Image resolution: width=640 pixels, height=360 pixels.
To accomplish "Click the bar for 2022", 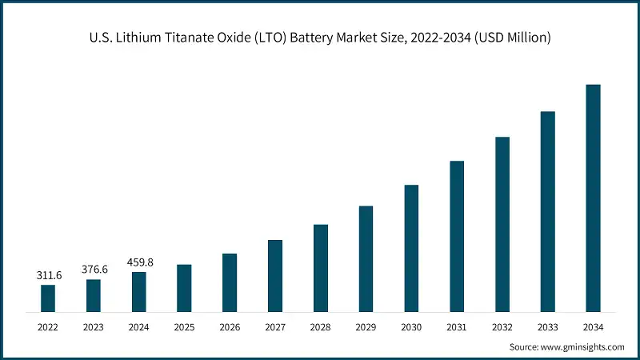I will coord(48,298).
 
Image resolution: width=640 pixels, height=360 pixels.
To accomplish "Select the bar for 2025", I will coord(184,287).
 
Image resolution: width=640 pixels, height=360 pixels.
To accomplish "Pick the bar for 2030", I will coord(411,248).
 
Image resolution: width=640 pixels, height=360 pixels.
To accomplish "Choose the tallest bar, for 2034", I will coord(593,198).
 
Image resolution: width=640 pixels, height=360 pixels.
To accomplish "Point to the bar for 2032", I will coord(502,224).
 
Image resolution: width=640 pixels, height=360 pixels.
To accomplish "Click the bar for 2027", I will coord(275,275).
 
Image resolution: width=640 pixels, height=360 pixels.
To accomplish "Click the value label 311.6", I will coord(48,275).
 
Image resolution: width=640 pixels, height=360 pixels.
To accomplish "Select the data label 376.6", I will coord(94,270).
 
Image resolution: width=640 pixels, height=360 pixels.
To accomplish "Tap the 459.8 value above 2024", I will coord(139,262).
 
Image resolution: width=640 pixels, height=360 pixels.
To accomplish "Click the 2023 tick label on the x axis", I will coord(94,327).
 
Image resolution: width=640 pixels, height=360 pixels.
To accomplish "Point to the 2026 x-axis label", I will coord(230,327).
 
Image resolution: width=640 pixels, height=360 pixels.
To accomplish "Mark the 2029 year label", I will coord(366,327).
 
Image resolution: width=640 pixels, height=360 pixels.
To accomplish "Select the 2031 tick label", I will coord(457,327).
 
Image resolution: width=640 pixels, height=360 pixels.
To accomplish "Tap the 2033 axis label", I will coord(547,327).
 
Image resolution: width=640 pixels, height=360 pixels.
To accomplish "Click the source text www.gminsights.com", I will coord(584,346).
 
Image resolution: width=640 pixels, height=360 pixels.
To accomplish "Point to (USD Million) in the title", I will coord(512,37).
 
